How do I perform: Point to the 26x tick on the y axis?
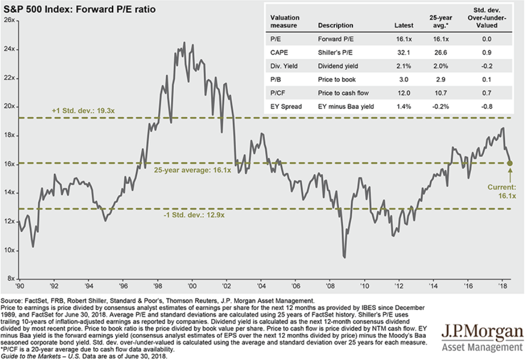point(10,20)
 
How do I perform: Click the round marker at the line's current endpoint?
point(509,163)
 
